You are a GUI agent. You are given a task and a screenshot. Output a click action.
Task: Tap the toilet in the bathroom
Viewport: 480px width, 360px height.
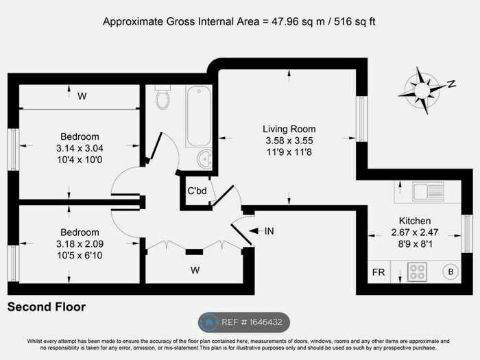tap(163, 97)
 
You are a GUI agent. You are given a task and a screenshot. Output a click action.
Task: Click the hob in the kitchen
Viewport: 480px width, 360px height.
tap(418, 272)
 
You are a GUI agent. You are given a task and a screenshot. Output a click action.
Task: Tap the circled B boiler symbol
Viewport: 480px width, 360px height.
tap(451, 271)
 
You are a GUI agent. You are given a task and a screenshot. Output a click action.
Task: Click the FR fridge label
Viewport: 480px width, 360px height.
tap(378, 272)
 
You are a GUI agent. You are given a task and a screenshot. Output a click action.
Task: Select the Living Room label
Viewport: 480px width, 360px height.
tap(289, 129)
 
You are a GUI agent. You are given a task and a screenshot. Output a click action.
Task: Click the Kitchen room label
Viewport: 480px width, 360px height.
tap(416, 221)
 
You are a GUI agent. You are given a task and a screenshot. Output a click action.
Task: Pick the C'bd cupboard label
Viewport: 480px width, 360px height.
tap(197, 191)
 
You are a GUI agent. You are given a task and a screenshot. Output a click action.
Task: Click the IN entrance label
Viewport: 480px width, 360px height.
tap(269, 231)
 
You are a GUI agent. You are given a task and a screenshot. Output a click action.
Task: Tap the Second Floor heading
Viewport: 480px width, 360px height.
tap(47, 307)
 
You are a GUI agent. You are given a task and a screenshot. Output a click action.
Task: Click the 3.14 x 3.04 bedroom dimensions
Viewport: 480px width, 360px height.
tap(80, 147)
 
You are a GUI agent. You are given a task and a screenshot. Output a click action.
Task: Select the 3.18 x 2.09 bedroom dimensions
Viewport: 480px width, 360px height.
tap(80, 243)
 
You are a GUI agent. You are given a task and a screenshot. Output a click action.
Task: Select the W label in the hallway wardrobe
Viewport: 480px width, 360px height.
tap(195, 270)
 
